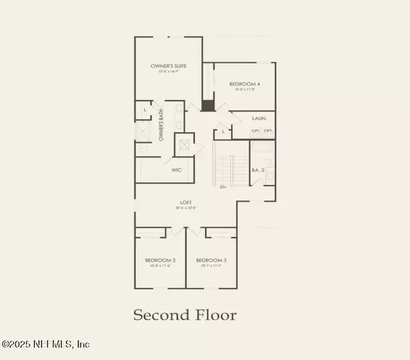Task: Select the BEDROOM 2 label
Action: point(160,260)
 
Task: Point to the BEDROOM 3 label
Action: point(210,260)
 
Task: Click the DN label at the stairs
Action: point(223,186)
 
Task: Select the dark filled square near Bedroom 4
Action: point(207,105)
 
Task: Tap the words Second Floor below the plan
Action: point(184,315)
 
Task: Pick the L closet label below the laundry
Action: point(224,130)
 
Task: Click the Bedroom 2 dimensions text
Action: point(160,266)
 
